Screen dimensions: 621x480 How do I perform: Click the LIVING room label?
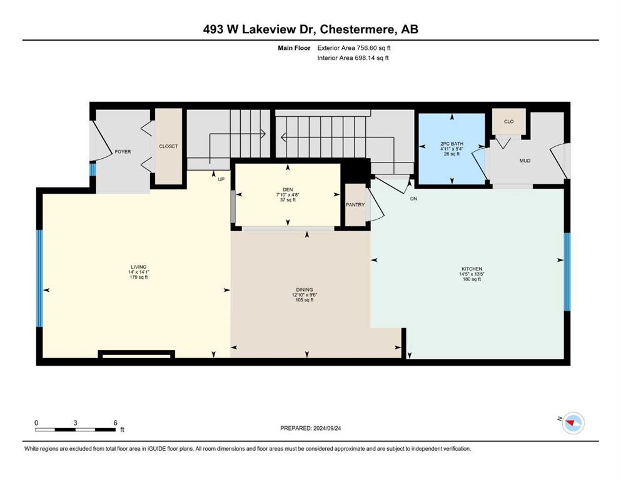click(x=139, y=267)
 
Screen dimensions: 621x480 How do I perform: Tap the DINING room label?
click(x=304, y=289)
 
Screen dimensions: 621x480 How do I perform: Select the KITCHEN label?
click(x=472, y=269)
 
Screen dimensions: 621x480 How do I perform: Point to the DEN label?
click(x=288, y=189)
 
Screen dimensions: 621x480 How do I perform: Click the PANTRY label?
click(x=355, y=204)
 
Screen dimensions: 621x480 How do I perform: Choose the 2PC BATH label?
click(x=452, y=144)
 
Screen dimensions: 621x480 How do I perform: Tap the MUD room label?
click(x=525, y=161)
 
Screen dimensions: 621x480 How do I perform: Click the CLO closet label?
click(x=508, y=121)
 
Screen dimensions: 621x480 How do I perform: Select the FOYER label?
click(x=123, y=151)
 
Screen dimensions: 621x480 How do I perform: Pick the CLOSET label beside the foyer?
click(x=168, y=146)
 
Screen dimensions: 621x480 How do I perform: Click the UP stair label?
click(x=221, y=179)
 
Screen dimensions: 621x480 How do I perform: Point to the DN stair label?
click(x=413, y=199)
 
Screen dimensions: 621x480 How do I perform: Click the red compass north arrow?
click(x=571, y=423)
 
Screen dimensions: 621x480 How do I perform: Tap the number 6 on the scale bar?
click(x=115, y=422)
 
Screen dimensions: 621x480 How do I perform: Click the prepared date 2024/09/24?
click(x=327, y=428)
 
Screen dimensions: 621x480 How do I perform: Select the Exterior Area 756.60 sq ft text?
click(x=354, y=48)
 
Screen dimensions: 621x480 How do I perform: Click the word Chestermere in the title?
click(x=357, y=29)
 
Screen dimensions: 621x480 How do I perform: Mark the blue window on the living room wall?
click(x=39, y=279)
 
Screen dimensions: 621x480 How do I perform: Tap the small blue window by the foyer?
click(x=93, y=169)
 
